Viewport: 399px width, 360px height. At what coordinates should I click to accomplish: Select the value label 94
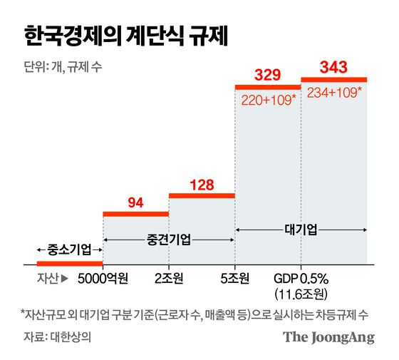135,202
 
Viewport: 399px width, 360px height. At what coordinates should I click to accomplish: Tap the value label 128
201,184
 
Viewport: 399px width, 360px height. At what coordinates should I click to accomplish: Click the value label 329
266,74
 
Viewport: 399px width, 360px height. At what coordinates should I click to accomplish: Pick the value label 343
333,68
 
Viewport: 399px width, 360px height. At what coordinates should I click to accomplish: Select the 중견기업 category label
168,240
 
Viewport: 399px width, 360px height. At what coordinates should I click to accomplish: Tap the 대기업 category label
301,230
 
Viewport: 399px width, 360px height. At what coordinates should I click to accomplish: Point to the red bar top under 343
333,79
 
